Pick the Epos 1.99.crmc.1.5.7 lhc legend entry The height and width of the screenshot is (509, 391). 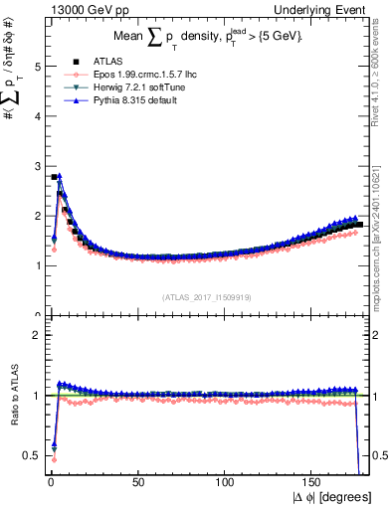130,75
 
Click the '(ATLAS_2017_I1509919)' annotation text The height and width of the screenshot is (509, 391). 205,296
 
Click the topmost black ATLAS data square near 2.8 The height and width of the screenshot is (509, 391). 54,177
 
